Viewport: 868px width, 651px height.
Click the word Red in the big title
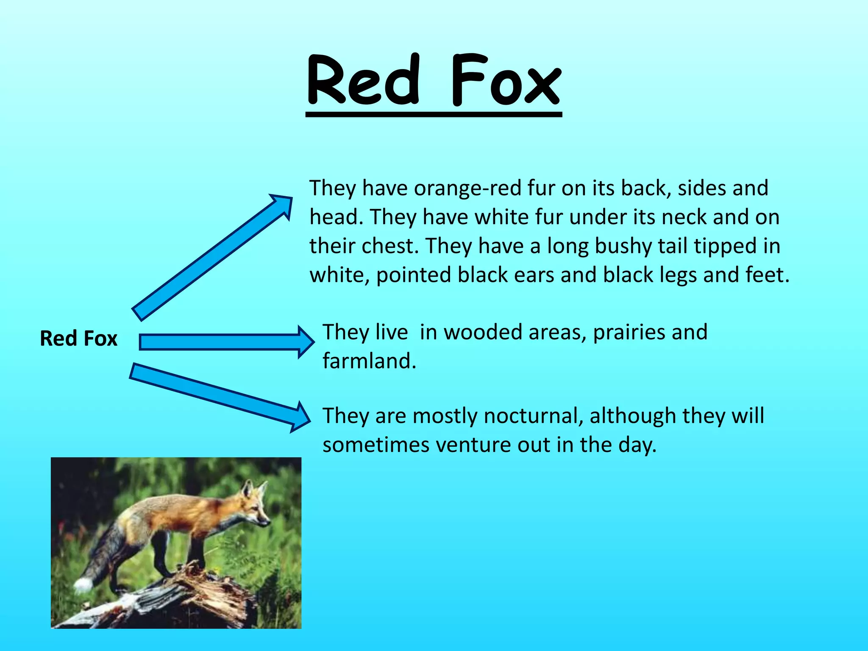[364, 81]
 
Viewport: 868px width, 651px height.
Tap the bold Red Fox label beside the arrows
[78, 339]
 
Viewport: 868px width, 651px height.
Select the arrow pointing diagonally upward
[212, 256]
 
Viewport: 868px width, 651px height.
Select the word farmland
[369, 361]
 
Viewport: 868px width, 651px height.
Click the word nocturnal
[531, 416]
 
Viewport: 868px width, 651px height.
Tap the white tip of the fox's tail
[83, 585]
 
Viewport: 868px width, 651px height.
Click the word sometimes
[376, 445]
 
